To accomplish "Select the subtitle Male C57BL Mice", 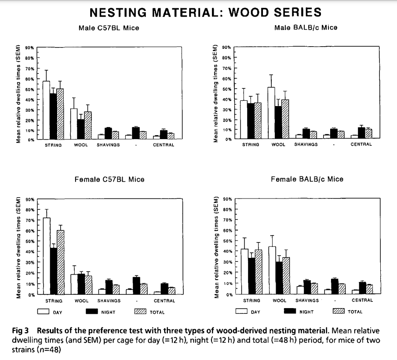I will tap(109, 28).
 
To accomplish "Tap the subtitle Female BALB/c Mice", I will tap(307, 179).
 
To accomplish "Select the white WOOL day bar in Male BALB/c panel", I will tap(271, 113).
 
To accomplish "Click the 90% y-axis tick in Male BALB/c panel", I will tap(226, 47).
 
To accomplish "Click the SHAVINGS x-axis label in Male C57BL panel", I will tap(108, 145).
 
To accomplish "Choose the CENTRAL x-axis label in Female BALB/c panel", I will tap(362, 301).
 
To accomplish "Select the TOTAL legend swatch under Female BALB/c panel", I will tap(339, 312).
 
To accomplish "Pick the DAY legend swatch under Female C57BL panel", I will tap(43, 312).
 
